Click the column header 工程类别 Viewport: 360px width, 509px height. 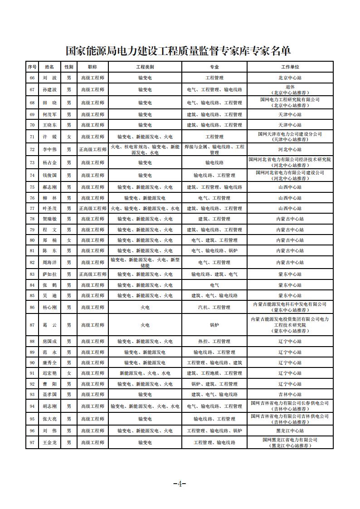click(145, 67)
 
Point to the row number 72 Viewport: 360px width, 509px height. click(32, 149)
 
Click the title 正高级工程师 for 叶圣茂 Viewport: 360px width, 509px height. click(92, 209)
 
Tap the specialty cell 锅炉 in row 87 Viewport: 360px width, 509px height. click(214, 325)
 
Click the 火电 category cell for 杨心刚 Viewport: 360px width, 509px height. click(145, 308)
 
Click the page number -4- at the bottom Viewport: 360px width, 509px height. click(180, 484)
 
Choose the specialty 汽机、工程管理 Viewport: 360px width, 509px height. click(214, 308)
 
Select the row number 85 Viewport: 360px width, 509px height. click(32, 295)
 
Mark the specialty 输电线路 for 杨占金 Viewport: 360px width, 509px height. click(214, 162)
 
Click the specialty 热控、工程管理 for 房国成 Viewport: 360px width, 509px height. click(214, 342)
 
